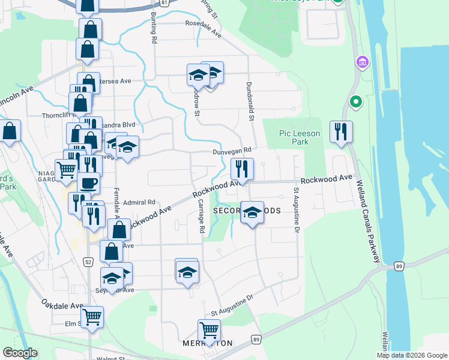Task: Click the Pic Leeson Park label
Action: coord(300,137)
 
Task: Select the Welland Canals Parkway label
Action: coord(369,222)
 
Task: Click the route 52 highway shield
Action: coord(88,262)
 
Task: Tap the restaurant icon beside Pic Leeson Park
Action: coord(341,132)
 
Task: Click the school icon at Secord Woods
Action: coord(252,212)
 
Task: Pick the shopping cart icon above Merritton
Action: coord(209,329)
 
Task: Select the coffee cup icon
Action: coord(88,182)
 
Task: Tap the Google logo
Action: coord(20,353)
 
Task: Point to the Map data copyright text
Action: coord(411,355)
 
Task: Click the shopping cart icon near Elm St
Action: coord(92,316)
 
